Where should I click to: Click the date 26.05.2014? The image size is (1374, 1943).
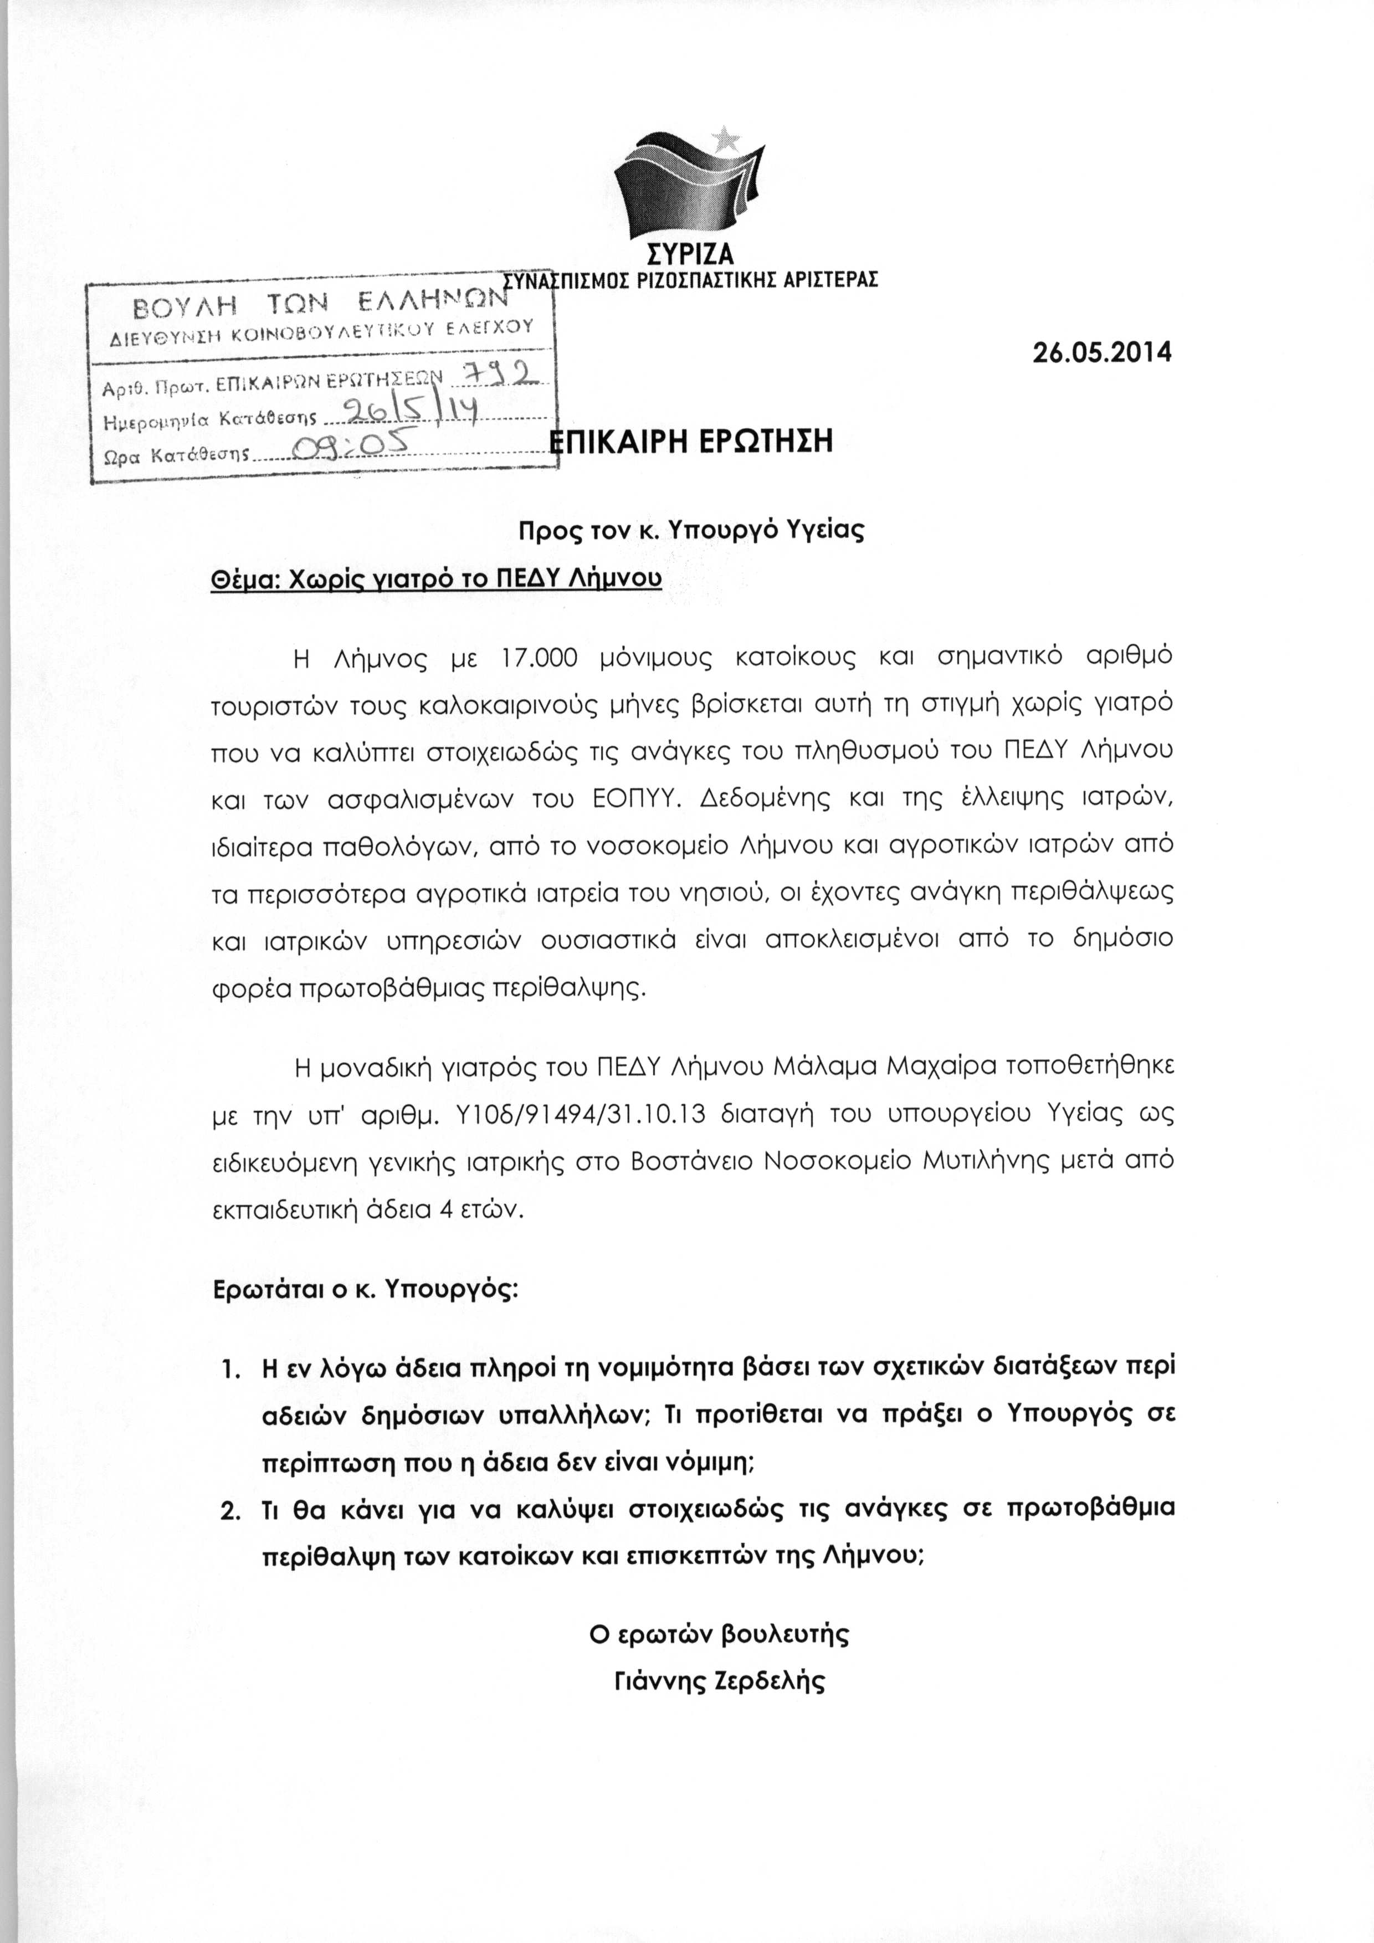1103,352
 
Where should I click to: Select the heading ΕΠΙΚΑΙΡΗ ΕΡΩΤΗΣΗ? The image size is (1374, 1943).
691,442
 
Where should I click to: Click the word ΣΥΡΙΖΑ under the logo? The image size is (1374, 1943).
690,254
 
